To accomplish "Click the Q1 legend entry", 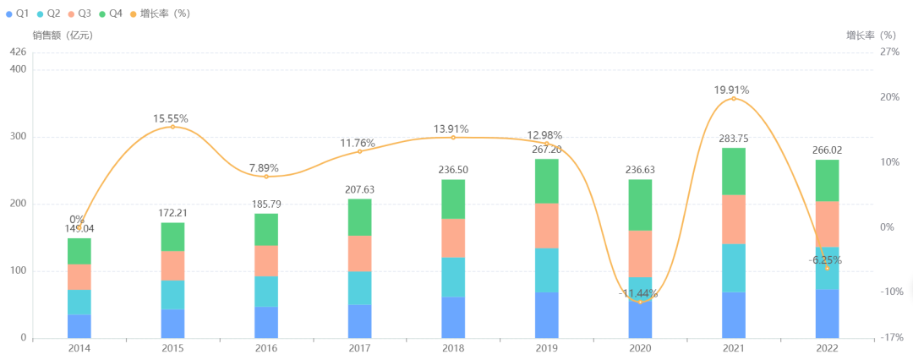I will pos(18,14).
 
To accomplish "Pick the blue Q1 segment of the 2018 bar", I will pos(453,318).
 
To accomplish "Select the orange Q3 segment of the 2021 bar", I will pos(733,219).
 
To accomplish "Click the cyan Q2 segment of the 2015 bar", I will pos(173,295).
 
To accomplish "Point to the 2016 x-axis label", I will pos(266,347).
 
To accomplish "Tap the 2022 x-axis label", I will pos(827,347).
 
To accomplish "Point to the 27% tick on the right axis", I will pos(890,52).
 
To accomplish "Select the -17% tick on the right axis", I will pos(889,338).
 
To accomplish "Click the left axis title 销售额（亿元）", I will pos(63,35).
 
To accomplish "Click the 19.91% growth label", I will pos(731,90).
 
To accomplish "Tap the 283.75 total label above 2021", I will pos(734,139).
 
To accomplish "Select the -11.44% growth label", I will pos(641,293).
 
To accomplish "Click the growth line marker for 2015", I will pos(173,127).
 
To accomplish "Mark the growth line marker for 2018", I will pos(453,137).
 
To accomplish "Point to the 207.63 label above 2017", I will pos(360,189).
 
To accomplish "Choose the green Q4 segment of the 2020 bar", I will pos(640,205).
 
